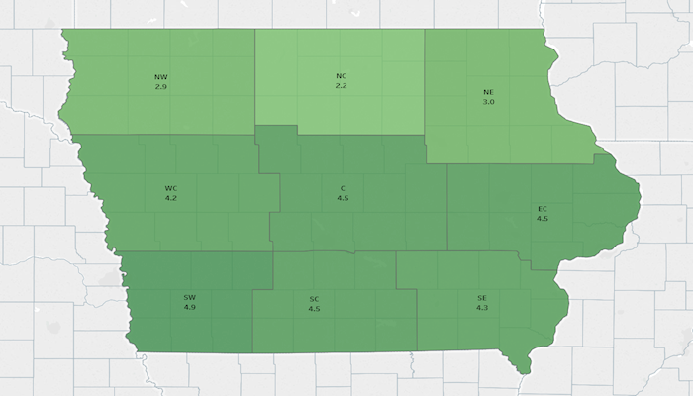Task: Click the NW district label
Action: [160, 76]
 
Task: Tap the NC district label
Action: [341, 76]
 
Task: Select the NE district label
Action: [488, 92]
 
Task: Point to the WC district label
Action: [171, 187]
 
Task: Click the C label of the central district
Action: [343, 187]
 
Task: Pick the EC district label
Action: [543, 208]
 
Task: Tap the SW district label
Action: [190, 297]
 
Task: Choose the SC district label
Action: [314, 298]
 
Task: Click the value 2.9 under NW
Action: [160, 87]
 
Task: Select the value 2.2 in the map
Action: [341, 87]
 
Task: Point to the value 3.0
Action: [488, 102]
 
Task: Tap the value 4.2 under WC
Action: [171, 198]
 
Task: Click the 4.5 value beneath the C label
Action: [343, 198]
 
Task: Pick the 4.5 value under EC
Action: [543, 218]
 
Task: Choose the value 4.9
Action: [190, 308]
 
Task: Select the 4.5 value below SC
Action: [314, 309]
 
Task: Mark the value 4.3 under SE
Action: [482, 309]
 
